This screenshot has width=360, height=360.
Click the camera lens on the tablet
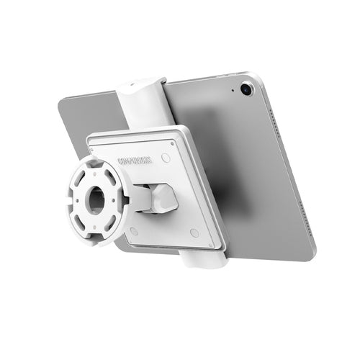coord(247,89)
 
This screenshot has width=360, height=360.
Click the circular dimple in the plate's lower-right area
coord(194,233)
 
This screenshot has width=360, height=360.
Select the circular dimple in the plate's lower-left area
coord(134,231)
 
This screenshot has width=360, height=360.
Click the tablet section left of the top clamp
coord(90,115)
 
